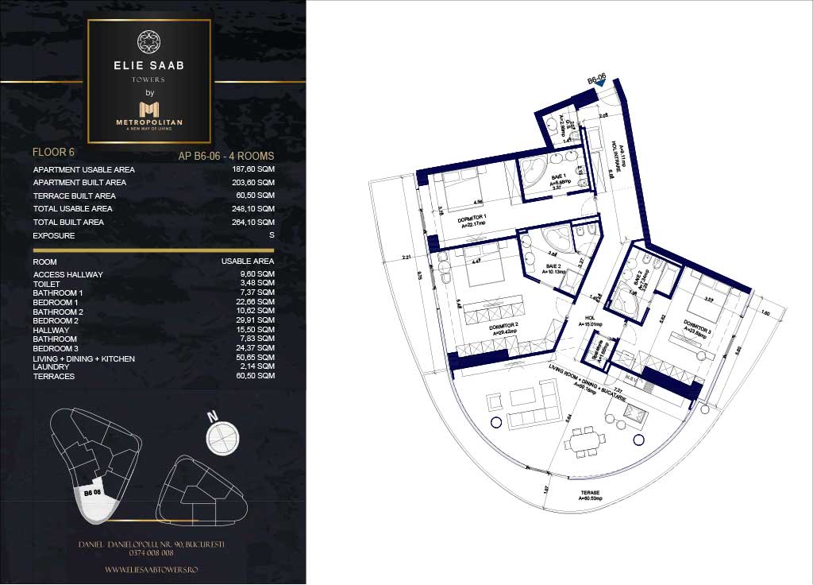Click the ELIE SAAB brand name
click(x=149, y=65)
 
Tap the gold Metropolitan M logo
click(x=149, y=109)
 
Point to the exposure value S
click(x=272, y=236)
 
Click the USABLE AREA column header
click(x=248, y=262)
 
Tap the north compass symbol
click(x=222, y=436)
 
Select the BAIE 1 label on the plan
click(x=557, y=176)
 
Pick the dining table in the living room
click(x=584, y=442)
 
